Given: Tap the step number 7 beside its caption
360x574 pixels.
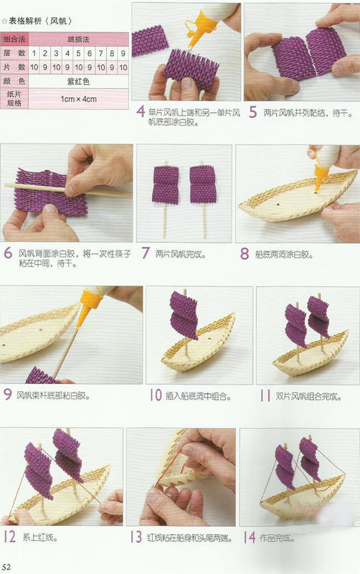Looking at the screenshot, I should tap(143, 253).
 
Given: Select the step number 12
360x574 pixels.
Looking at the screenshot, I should tap(10, 537).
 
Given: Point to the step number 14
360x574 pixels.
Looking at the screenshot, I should tap(249, 537).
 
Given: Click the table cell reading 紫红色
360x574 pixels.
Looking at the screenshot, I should tap(79, 81).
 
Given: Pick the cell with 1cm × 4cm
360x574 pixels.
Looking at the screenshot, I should tap(79, 99).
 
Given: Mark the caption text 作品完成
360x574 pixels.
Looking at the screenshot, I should tap(280, 537).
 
